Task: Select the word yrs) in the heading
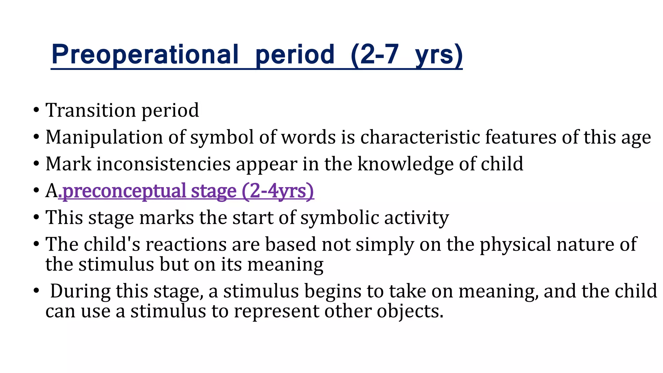439,55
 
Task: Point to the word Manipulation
104,137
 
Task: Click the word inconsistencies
163,164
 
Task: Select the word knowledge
406,164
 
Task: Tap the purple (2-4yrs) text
278,191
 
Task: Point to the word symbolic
340,217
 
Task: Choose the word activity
417,218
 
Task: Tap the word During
80,291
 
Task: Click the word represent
276,311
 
